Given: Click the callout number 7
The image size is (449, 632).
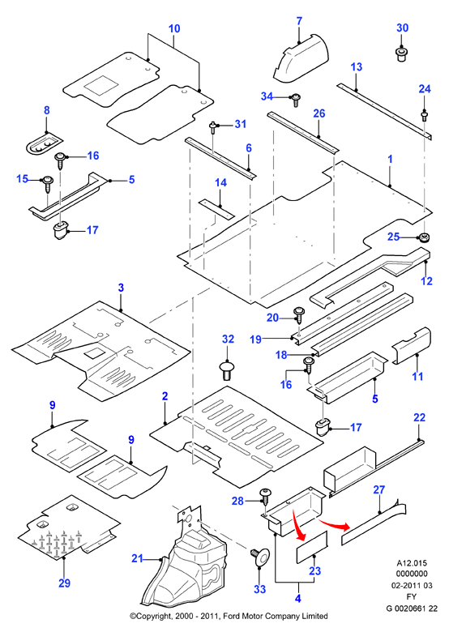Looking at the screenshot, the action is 299,21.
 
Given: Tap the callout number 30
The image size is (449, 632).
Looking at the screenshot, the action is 402,28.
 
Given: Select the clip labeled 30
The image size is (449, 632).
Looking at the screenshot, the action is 401,54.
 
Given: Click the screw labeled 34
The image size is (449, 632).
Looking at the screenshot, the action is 296,100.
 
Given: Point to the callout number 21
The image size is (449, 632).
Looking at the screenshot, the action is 137,558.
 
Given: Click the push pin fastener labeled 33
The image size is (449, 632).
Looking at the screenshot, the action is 261,557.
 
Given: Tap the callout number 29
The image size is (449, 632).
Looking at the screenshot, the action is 64,583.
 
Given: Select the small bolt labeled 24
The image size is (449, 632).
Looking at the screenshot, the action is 425,116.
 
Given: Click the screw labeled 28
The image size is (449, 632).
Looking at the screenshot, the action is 265,496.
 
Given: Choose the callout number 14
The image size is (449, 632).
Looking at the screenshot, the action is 220,182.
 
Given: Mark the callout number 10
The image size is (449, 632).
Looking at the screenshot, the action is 174,28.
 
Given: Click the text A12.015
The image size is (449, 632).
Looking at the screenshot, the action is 412,563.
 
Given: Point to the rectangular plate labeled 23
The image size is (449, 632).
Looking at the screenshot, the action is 312,548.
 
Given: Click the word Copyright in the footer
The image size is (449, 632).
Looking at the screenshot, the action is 152,616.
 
